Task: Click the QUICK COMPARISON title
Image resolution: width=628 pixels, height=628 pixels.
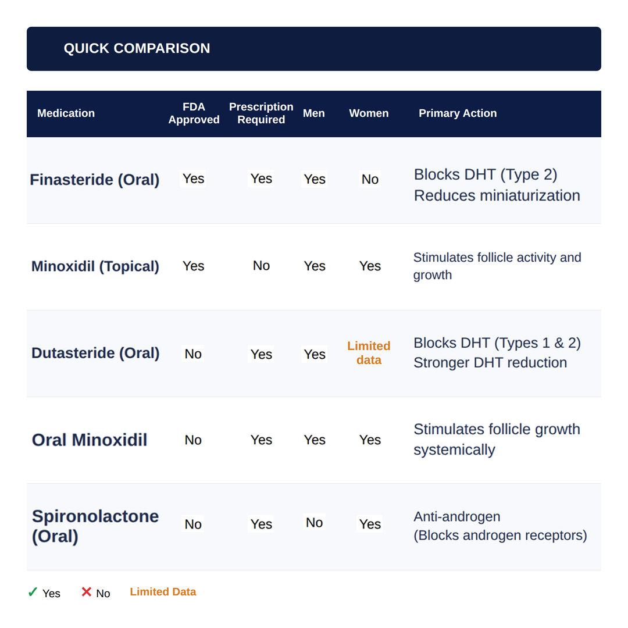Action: pos(137,48)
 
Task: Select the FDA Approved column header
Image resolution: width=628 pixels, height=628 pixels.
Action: pos(194,113)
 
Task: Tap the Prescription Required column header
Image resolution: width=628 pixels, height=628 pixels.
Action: pos(261,113)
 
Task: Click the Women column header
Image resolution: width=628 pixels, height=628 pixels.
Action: pos(369,113)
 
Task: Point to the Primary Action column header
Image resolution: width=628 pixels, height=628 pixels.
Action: pos(458,113)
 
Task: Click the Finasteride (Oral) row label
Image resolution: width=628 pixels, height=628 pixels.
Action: pos(95,180)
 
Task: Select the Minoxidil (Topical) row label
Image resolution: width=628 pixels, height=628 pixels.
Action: pos(95,266)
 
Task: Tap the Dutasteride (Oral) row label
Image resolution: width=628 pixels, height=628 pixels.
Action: pos(95,353)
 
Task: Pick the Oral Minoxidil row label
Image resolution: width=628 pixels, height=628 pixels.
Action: pos(90,440)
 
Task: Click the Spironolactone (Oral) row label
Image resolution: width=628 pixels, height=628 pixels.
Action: pos(95,526)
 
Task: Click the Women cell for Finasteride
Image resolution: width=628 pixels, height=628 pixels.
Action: pos(370,179)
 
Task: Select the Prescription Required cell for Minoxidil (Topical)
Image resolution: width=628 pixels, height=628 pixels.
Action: pos(261,266)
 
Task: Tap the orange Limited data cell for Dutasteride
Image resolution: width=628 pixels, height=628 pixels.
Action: pos(369,353)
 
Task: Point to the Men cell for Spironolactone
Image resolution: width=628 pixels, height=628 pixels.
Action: pos(315,522)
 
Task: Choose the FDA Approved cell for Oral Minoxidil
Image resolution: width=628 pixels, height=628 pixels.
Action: pos(193,440)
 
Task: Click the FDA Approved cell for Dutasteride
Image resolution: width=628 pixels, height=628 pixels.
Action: pos(193,354)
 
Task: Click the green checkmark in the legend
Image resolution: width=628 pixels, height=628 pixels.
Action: pos(33,592)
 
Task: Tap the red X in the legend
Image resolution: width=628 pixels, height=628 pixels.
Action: pos(86,591)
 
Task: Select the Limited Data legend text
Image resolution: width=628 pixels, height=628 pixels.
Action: pos(163,592)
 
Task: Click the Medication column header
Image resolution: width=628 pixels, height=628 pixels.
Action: pos(66,113)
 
